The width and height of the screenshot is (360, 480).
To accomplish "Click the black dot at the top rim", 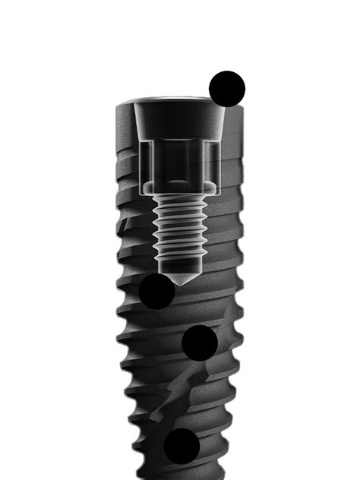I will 227,89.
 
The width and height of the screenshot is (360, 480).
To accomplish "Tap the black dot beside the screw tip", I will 157,291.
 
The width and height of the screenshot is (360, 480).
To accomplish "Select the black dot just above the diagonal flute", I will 201,343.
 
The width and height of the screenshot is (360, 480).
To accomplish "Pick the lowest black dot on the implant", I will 182,446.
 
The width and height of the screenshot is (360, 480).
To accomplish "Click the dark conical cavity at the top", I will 178,122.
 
